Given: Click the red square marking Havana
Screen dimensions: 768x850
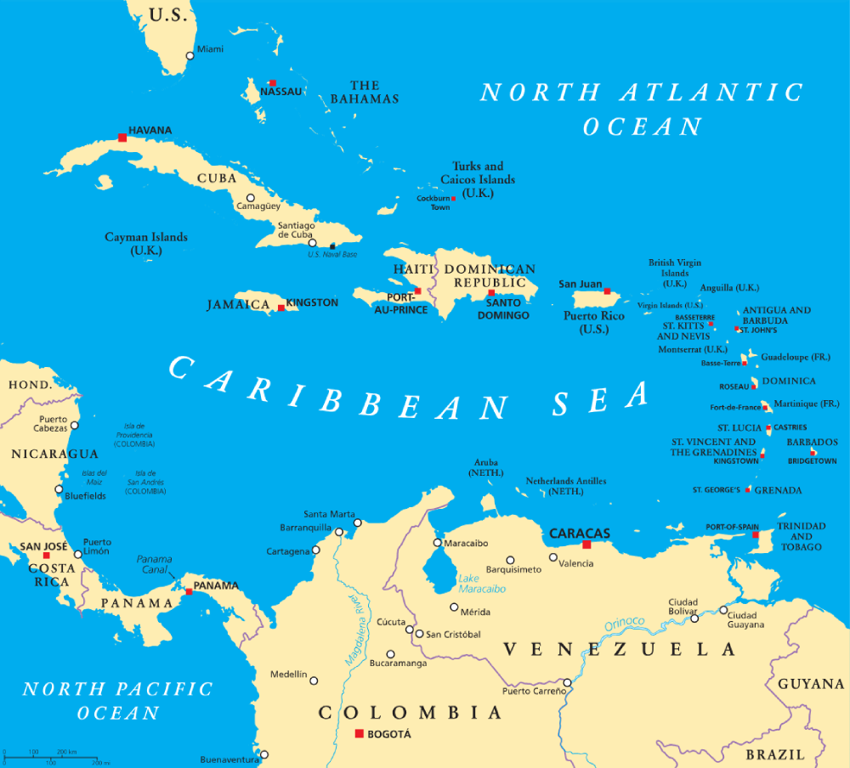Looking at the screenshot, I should [x=122, y=137].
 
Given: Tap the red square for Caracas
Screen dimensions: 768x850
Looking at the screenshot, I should [x=586, y=544].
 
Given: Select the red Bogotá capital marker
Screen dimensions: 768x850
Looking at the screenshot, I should [x=360, y=733].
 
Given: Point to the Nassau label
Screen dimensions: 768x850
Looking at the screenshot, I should [x=280, y=92].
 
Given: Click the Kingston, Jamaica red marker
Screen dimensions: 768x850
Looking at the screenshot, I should [x=281, y=308].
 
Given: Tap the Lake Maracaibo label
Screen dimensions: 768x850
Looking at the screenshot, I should [x=482, y=584].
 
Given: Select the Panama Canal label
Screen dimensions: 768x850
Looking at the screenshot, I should [x=155, y=565].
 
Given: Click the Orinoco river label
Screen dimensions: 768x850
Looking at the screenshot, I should [x=625, y=623].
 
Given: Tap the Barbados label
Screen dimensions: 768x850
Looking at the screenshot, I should [x=812, y=442].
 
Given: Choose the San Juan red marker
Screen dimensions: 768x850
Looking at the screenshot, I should [x=607, y=291].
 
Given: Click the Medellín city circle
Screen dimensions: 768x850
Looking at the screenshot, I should [x=314, y=680].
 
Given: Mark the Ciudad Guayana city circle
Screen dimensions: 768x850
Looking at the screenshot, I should [x=723, y=610].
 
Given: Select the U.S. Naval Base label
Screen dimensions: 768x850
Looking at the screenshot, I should [x=332, y=255].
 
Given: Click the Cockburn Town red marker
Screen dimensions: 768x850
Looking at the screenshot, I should [x=454, y=199].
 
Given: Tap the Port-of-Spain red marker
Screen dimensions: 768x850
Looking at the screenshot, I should [x=755, y=534].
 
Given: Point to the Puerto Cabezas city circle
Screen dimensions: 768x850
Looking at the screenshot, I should [x=74, y=425].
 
